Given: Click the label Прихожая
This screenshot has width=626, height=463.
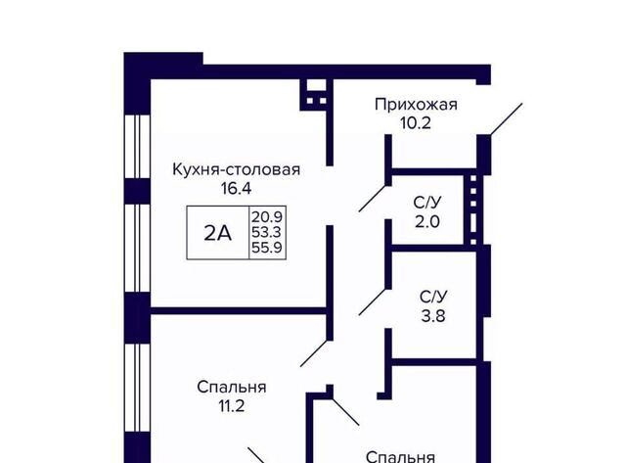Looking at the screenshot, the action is pyautogui.click(x=416, y=105).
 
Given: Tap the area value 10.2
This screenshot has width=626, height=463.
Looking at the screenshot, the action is pyautogui.click(x=416, y=123).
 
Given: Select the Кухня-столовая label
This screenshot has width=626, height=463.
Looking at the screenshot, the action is pyautogui.click(x=237, y=169).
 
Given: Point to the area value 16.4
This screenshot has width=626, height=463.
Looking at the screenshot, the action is pyautogui.click(x=237, y=188).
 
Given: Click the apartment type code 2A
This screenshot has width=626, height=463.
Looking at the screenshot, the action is pyautogui.click(x=217, y=233).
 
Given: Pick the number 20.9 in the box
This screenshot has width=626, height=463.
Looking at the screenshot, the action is pyautogui.click(x=267, y=217).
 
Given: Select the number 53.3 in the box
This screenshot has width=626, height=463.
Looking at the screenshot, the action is pyautogui.click(x=267, y=232).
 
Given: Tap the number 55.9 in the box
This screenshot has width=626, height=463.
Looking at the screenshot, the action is pyautogui.click(x=267, y=248).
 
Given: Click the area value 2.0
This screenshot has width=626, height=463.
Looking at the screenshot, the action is pyautogui.click(x=427, y=221).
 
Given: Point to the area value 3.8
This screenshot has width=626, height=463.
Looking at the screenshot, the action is pyautogui.click(x=433, y=316).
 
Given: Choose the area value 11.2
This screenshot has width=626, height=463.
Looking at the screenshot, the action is pyautogui.click(x=231, y=406).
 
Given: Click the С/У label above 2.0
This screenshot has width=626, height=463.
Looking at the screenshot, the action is pyautogui.click(x=427, y=203).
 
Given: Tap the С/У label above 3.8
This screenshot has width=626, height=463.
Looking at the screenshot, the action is pyautogui.click(x=433, y=298).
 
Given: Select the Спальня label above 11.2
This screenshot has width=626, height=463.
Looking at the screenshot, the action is pyautogui.click(x=232, y=388).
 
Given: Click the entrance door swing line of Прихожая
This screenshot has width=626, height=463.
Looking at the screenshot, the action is pyautogui.click(x=507, y=119).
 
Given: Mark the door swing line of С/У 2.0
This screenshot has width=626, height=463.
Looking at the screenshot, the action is pyautogui.click(x=373, y=198).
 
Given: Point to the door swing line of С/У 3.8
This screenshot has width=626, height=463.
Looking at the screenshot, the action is pyautogui.click(x=373, y=301).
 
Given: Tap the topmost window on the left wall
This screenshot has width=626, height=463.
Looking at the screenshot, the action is pyautogui.click(x=137, y=147).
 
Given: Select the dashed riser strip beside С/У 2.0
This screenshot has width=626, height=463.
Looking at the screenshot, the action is pyautogui.click(x=473, y=208).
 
